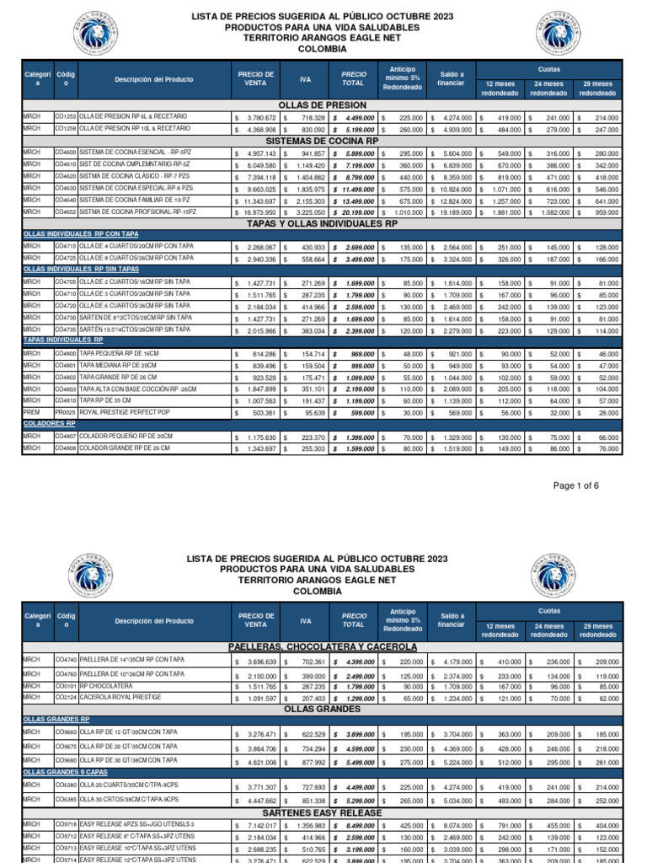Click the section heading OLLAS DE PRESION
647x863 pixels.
pos(323,105)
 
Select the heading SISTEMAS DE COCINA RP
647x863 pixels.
pos(323,141)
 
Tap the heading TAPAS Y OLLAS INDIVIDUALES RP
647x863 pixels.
pos(323,223)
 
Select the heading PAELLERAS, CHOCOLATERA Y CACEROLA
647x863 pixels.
pos(323,646)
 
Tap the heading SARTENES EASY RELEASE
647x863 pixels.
pos(323,812)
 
